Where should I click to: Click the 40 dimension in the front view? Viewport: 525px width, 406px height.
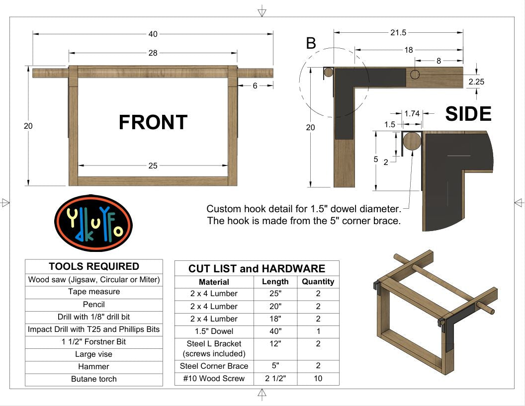153,34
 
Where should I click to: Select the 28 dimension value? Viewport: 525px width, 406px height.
153,53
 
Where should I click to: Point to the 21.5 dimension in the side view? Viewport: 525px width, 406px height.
398,33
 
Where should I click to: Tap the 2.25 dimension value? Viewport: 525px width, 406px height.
476,81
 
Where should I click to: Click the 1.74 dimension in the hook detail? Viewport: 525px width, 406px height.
412,114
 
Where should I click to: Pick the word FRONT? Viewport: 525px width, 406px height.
153,122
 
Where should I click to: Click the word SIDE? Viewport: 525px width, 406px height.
468,114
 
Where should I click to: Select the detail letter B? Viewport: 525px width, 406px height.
311,44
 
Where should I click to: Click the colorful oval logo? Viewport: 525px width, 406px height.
93,223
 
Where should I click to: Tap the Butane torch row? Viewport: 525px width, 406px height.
94,379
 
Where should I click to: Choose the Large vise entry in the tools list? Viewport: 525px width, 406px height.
94,354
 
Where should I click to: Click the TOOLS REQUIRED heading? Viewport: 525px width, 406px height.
94,266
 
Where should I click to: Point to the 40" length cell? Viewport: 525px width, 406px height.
275,331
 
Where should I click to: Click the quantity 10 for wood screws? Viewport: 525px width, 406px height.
318,378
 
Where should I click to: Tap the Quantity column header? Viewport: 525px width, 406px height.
318,281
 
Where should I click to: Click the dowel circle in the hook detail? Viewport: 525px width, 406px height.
411,141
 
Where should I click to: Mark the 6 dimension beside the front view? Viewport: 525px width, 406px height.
255,85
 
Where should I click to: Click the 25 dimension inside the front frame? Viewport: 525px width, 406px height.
153,166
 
